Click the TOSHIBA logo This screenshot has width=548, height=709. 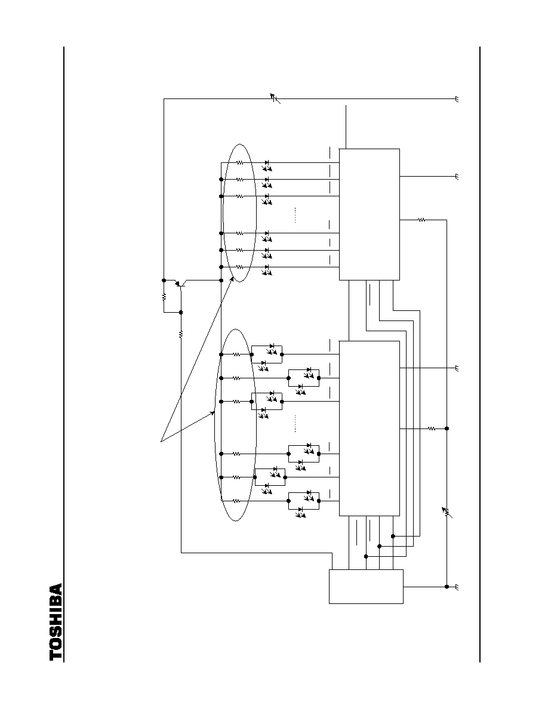pyautogui.click(x=56, y=622)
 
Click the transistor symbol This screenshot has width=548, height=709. pyautogui.click(x=180, y=283)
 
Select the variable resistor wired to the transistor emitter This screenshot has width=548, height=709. pyautogui.click(x=275, y=98)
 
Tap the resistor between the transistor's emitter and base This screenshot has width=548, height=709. pyautogui.click(x=164, y=297)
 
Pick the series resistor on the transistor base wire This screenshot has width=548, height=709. pyautogui.click(x=181, y=334)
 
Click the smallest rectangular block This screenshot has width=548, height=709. pyautogui.click(x=366, y=587)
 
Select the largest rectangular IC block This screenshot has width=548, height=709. pyautogui.click(x=370, y=428)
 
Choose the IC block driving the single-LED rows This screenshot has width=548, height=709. pyautogui.click(x=370, y=214)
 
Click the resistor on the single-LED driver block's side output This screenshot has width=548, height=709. pyautogui.click(x=421, y=220)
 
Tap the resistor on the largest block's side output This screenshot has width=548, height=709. pyautogui.click(x=432, y=428)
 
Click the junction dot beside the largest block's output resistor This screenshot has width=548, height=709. pyautogui.click(x=447, y=428)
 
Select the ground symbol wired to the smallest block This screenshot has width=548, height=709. pyautogui.click(x=457, y=587)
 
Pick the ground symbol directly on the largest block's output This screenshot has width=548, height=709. pyautogui.click(x=457, y=368)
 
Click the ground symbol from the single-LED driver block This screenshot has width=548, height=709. pyautogui.click(x=457, y=176)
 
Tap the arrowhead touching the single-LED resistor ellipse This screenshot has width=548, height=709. pyautogui.click(x=231, y=279)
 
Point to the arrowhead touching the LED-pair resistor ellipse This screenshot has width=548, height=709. pyautogui.click(x=212, y=412)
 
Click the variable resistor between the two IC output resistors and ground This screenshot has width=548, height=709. pyautogui.click(x=447, y=512)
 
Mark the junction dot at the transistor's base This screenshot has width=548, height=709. pyautogui.click(x=181, y=313)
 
